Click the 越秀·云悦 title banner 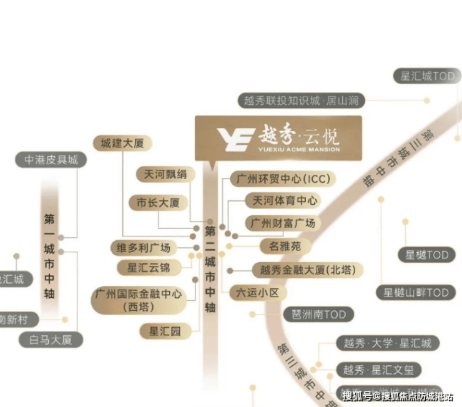[x=278, y=138]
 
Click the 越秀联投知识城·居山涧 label [x=301, y=100]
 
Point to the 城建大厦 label [x=122, y=143]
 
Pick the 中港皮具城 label [x=51, y=160]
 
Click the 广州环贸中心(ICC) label [x=283, y=179]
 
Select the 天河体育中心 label [x=285, y=201]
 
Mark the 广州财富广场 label [x=282, y=223]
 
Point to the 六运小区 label [x=257, y=292]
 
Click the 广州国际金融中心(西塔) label [x=137, y=299]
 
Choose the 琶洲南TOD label [x=318, y=315]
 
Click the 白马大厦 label [x=50, y=340]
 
